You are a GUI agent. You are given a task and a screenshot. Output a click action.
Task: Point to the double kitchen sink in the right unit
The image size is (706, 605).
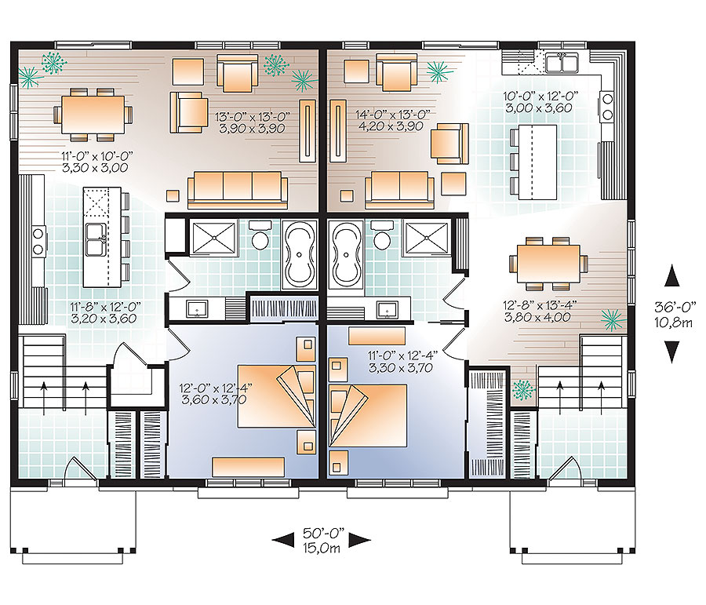tap(562, 62)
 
